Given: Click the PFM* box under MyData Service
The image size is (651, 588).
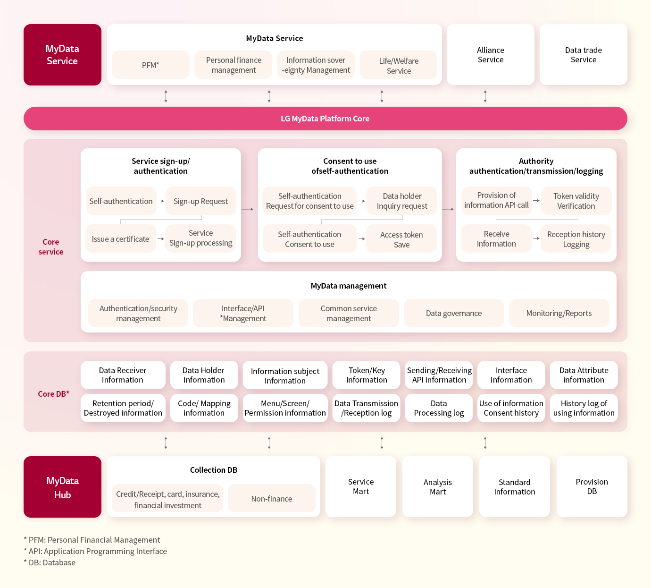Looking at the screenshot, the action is click(x=150, y=65).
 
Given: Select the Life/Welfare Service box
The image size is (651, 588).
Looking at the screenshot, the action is click(x=399, y=65).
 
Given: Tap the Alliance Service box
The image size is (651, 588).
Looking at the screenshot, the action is click(x=490, y=54).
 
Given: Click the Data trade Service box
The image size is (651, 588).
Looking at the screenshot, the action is click(x=583, y=54).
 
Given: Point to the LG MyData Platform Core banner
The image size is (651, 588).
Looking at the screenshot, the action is click(x=325, y=119).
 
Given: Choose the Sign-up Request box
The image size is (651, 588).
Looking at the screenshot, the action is click(x=200, y=201).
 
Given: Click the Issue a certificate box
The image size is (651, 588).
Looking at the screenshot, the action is click(x=120, y=239).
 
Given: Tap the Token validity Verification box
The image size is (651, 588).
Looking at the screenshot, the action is click(x=576, y=201).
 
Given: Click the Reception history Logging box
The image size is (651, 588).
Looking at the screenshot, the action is click(x=576, y=239).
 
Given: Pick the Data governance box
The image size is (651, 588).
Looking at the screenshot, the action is click(x=454, y=313).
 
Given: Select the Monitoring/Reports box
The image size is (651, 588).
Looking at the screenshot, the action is click(x=559, y=313).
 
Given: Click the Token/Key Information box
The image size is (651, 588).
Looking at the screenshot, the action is click(x=367, y=375).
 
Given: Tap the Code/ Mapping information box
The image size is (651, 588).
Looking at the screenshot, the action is click(x=204, y=408).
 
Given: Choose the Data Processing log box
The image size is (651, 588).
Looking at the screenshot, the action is click(x=439, y=408).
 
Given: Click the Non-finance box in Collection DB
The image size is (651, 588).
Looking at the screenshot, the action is click(x=272, y=498).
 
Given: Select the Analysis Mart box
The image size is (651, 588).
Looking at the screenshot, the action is click(x=437, y=486).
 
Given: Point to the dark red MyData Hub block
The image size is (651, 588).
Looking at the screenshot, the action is click(x=62, y=487).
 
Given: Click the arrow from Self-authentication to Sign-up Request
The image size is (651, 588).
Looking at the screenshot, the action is click(x=161, y=201).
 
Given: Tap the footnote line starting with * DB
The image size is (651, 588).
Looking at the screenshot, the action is click(x=50, y=562).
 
